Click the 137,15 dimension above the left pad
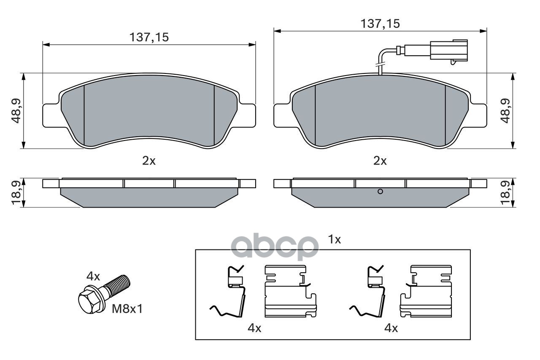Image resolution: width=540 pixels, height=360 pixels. click(149, 38)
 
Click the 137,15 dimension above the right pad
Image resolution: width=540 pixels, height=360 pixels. click(380, 24)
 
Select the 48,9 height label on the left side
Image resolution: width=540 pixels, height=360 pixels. click(16, 111)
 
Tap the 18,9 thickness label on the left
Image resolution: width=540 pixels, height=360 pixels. click(16, 193)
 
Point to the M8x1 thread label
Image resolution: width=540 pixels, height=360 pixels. click(127, 309)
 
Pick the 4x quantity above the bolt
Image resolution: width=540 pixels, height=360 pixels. click(93, 276)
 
